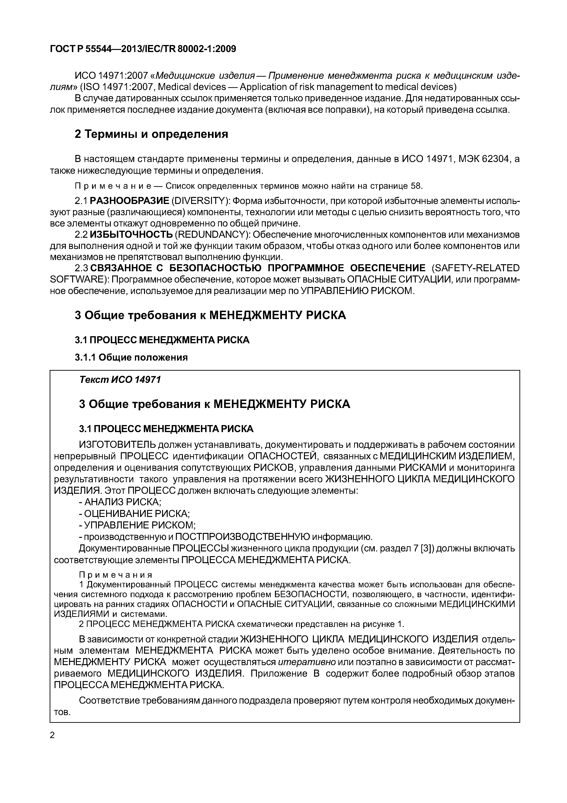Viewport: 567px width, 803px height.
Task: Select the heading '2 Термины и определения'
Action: (x=151, y=134)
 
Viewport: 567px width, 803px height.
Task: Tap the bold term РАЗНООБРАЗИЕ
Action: (x=129, y=201)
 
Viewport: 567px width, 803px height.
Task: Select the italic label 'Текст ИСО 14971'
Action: (x=120, y=380)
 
